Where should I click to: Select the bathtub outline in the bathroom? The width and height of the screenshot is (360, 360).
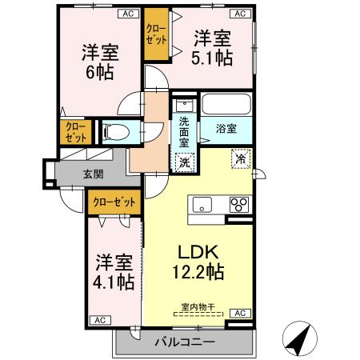pos(226,105)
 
